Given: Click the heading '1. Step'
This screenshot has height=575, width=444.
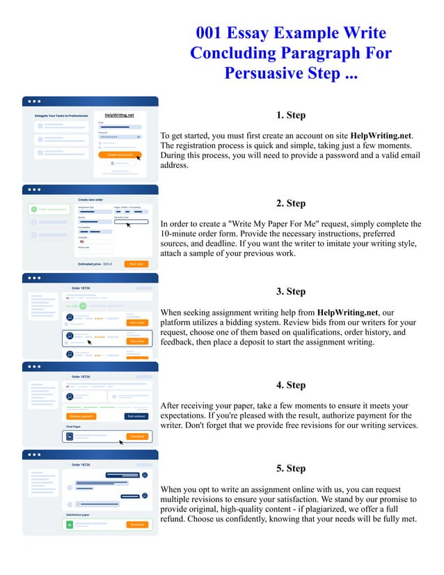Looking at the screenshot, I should (290, 116).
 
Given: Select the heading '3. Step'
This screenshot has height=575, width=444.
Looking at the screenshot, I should (290, 292).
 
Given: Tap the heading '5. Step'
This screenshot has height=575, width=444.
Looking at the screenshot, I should (290, 468).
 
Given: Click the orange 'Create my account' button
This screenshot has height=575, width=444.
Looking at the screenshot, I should (120, 155).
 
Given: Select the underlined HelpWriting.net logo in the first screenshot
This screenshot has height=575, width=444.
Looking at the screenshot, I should (119, 115).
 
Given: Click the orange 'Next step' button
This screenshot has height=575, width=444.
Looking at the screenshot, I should (136, 265).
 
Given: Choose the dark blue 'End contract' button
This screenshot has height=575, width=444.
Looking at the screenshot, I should (136, 416).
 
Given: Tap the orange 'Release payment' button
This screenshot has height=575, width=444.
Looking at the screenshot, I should (81, 416).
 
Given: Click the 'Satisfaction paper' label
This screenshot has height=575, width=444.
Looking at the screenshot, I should (79, 515).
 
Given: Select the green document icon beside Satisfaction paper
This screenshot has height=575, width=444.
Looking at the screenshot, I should (70, 524).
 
